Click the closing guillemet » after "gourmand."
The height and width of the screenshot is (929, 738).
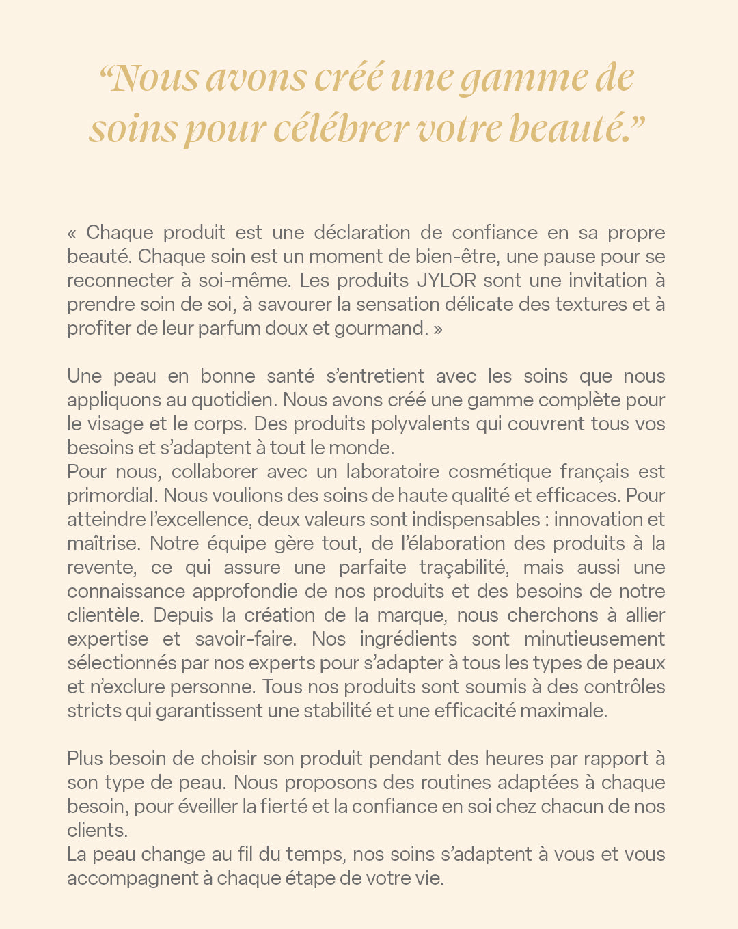pos(438,329)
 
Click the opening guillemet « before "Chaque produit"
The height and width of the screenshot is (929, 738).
pos(72,233)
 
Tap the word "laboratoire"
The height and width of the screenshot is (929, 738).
pos(392,471)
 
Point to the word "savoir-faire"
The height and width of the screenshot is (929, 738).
pos(245,639)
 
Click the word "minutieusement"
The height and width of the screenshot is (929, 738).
pos(594,639)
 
